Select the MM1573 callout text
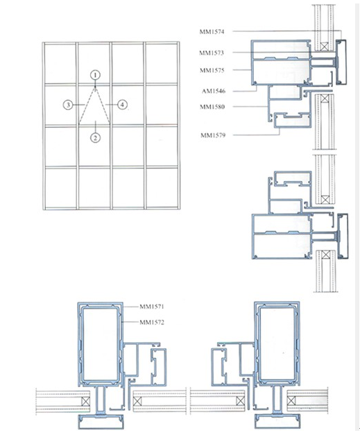(x=214, y=53)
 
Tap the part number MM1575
(x=214, y=70)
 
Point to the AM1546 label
(x=215, y=91)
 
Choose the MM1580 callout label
(x=214, y=107)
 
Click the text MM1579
(x=215, y=134)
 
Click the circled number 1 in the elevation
(x=96, y=74)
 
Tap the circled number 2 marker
(x=95, y=137)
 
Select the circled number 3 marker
(x=68, y=105)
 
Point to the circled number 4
(x=122, y=105)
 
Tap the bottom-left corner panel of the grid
(x=60, y=187)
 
